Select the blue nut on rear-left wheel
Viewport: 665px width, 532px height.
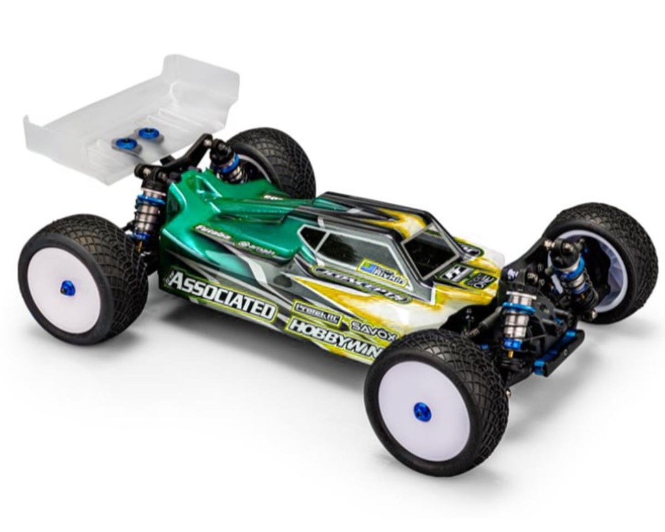coord(68,288)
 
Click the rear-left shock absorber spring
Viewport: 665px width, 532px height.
coord(147,211)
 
